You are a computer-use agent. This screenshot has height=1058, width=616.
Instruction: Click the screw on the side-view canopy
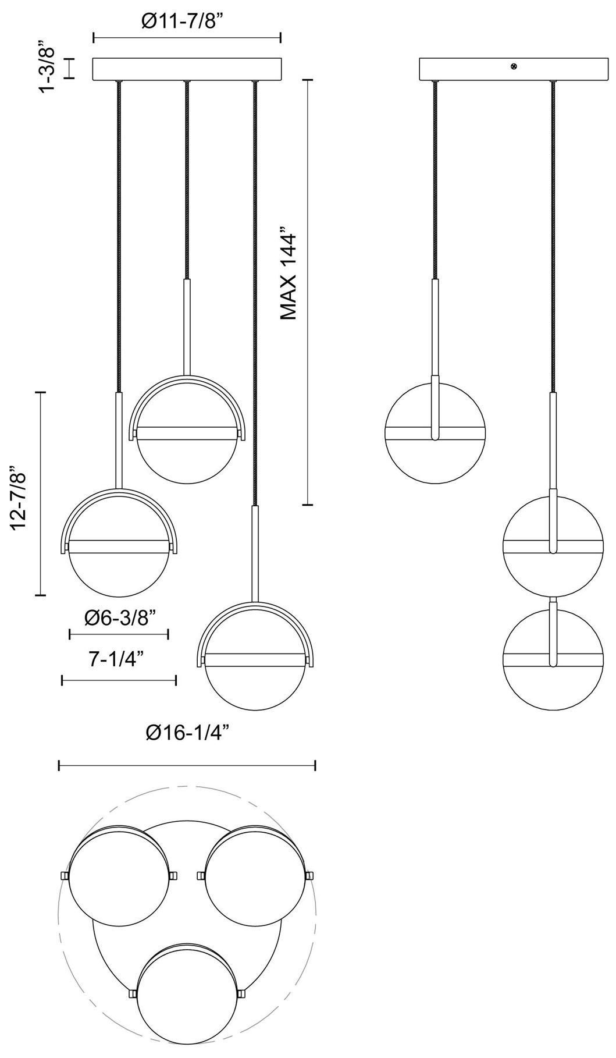pyautogui.click(x=514, y=67)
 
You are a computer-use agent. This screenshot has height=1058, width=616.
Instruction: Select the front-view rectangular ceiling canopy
pyautogui.click(x=187, y=69)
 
